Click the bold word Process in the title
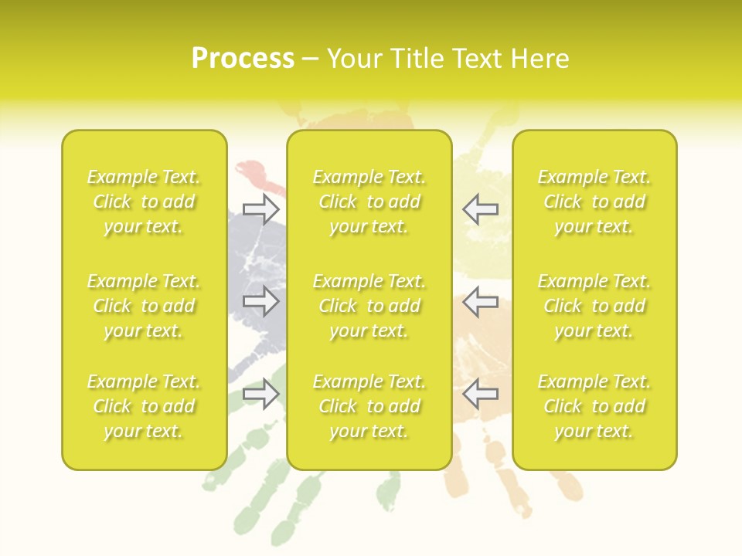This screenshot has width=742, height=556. click(243, 59)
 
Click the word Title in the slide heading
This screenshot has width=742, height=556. click(417, 59)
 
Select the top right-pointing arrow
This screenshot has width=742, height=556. click(261, 208)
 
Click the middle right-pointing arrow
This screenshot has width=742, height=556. click(261, 301)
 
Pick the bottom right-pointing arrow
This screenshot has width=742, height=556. click(261, 394)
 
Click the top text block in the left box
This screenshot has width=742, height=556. click(144, 202)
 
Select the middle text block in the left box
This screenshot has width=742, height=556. click(144, 306)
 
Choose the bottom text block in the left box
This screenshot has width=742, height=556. click(144, 406)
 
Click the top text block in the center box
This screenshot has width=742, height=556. click(369, 202)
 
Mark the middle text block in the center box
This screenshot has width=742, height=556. click(369, 306)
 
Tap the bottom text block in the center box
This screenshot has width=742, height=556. click(369, 406)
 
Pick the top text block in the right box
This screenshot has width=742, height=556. click(594, 202)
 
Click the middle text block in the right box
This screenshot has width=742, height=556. click(594, 306)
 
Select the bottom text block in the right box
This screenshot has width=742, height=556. click(594, 406)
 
